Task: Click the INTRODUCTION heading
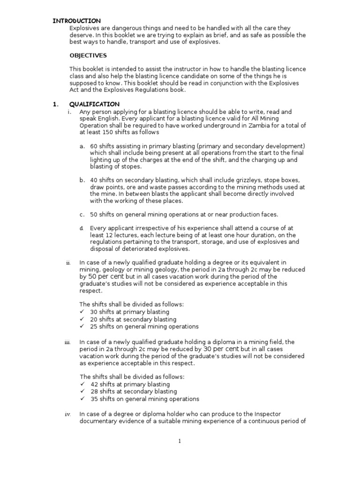coord(76,21)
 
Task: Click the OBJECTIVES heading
coord(88,55)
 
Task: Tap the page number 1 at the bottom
coord(180,441)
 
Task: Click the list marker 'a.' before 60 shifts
coord(82,146)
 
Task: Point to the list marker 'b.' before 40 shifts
coord(82,180)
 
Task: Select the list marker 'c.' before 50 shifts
coord(82,215)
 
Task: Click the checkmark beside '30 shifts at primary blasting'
coord(82,312)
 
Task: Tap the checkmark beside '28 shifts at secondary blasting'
coord(82,391)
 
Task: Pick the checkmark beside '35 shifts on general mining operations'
coord(82,399)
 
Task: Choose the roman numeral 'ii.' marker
coord(68,263)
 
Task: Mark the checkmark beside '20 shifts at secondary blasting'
coord(82,319)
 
